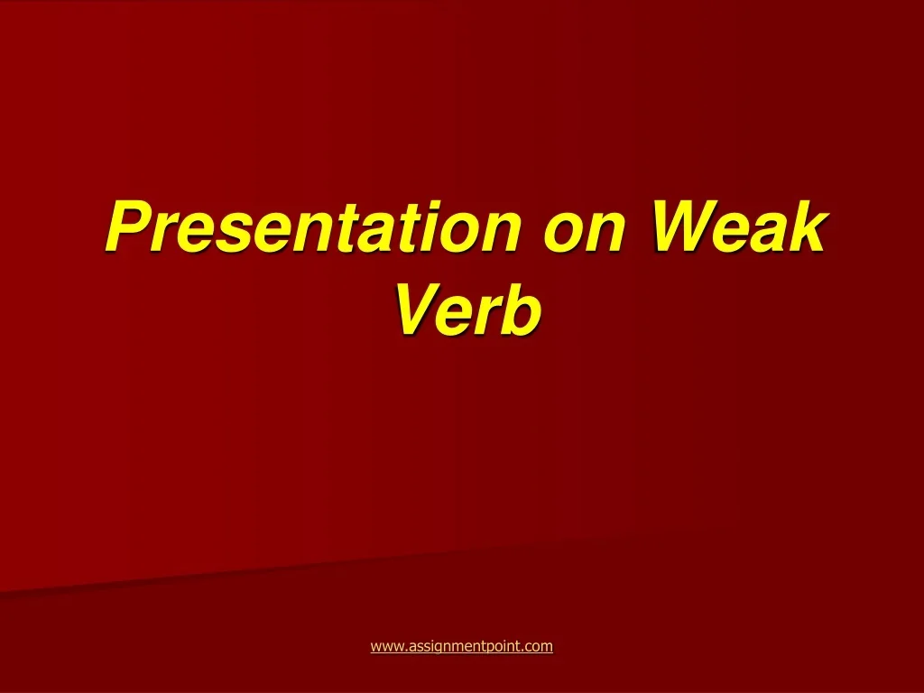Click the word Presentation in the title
click(313, 226)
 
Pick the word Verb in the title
click(468, 310)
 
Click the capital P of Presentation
click(132, 226)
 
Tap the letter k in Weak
click(808, 226)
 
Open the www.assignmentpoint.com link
click(461, 646)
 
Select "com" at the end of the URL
click(539, 647)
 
